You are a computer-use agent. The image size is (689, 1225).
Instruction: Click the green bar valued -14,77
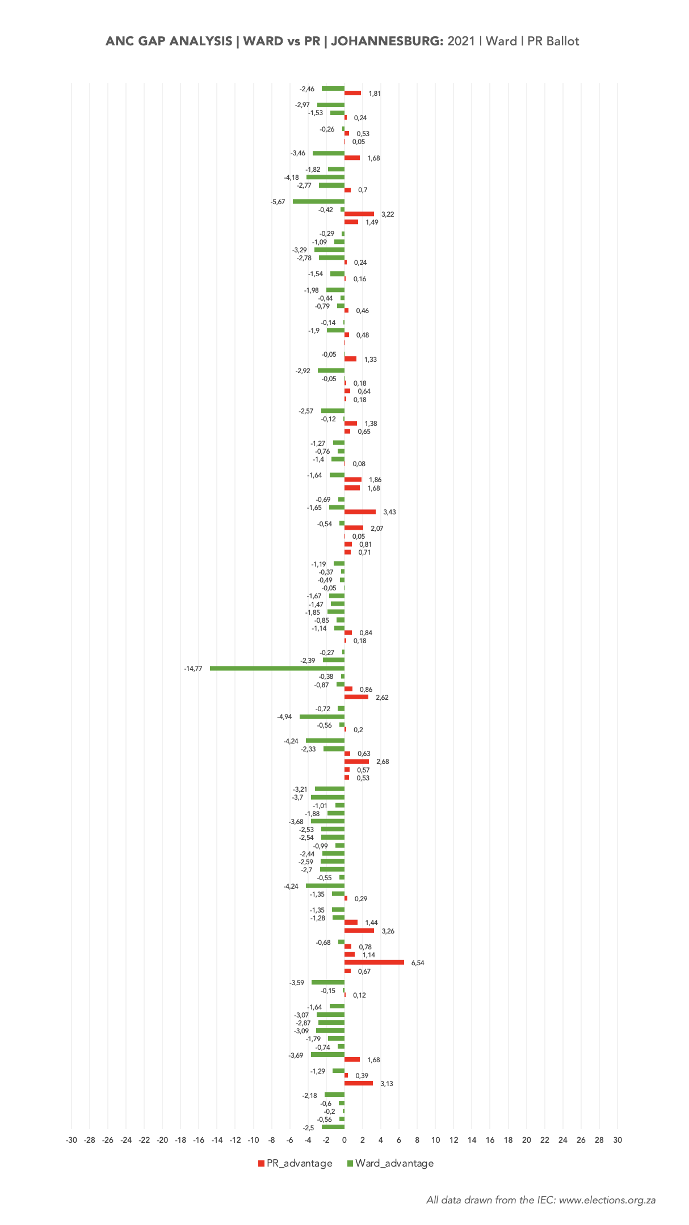(277, 668)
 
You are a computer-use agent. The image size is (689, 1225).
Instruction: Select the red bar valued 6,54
(374, 962)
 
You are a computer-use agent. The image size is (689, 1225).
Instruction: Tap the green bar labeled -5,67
(318, 201)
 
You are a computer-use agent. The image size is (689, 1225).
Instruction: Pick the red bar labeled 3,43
(360, 512)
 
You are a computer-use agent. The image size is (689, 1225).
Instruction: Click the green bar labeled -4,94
(322, 717)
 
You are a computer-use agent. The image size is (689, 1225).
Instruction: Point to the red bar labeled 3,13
(359, 1083)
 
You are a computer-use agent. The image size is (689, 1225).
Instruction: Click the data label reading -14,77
(193, 669)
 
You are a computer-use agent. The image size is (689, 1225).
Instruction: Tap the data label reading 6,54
(418, 963)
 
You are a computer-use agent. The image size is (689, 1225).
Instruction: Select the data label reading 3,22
(388, 214)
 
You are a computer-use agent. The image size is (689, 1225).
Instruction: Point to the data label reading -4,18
(292, 178)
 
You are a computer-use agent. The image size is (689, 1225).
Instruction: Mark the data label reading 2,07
(377, 529)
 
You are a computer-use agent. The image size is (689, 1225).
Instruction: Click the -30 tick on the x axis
(72, 1140)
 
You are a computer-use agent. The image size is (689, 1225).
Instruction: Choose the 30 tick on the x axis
(617, 1140)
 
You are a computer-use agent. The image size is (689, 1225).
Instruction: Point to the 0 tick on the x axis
(344, 1140)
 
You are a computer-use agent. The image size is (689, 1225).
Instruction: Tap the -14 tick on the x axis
(217, 1140)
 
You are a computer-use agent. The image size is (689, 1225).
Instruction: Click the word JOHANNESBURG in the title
(387, 41)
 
